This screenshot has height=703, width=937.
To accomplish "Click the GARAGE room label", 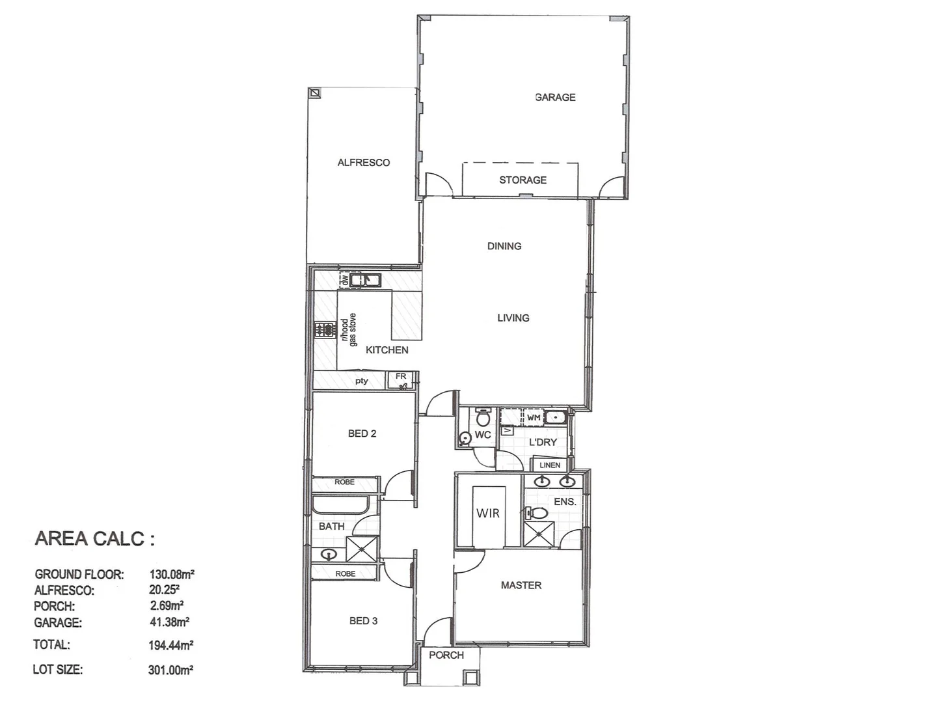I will coord(555,97).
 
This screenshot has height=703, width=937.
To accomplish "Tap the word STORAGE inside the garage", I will coord(523,180).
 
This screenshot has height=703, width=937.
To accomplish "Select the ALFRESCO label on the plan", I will coord(363,163).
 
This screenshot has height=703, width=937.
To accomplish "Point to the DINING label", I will coord(504,246).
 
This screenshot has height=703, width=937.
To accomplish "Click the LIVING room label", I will coord(513,318).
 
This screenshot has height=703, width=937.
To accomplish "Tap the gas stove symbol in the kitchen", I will coord(323,329).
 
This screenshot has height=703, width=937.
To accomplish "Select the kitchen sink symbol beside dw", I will coord(365,281).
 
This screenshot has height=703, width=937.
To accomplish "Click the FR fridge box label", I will coord(401,376).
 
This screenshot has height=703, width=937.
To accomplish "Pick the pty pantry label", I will coord(362,381).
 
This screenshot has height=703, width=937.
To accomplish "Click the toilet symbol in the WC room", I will coord(482,417).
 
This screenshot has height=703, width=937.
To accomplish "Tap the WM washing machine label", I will coord(534,417).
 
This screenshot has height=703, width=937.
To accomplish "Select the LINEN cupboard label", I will coord(550,465).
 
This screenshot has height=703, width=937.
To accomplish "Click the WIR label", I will coord(488,514).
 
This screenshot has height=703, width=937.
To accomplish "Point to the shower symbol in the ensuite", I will coord(539,534).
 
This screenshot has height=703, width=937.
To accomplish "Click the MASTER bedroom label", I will coord(521,585).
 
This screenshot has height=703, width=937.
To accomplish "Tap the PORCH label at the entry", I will coord(446,655).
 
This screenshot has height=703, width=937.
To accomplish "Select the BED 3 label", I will coord(363,621).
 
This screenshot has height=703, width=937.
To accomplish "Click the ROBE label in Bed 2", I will coord(344,482).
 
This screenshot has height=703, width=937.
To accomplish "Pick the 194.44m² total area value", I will coord(170,646).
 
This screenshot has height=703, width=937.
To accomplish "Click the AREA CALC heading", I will coord(95,539).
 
